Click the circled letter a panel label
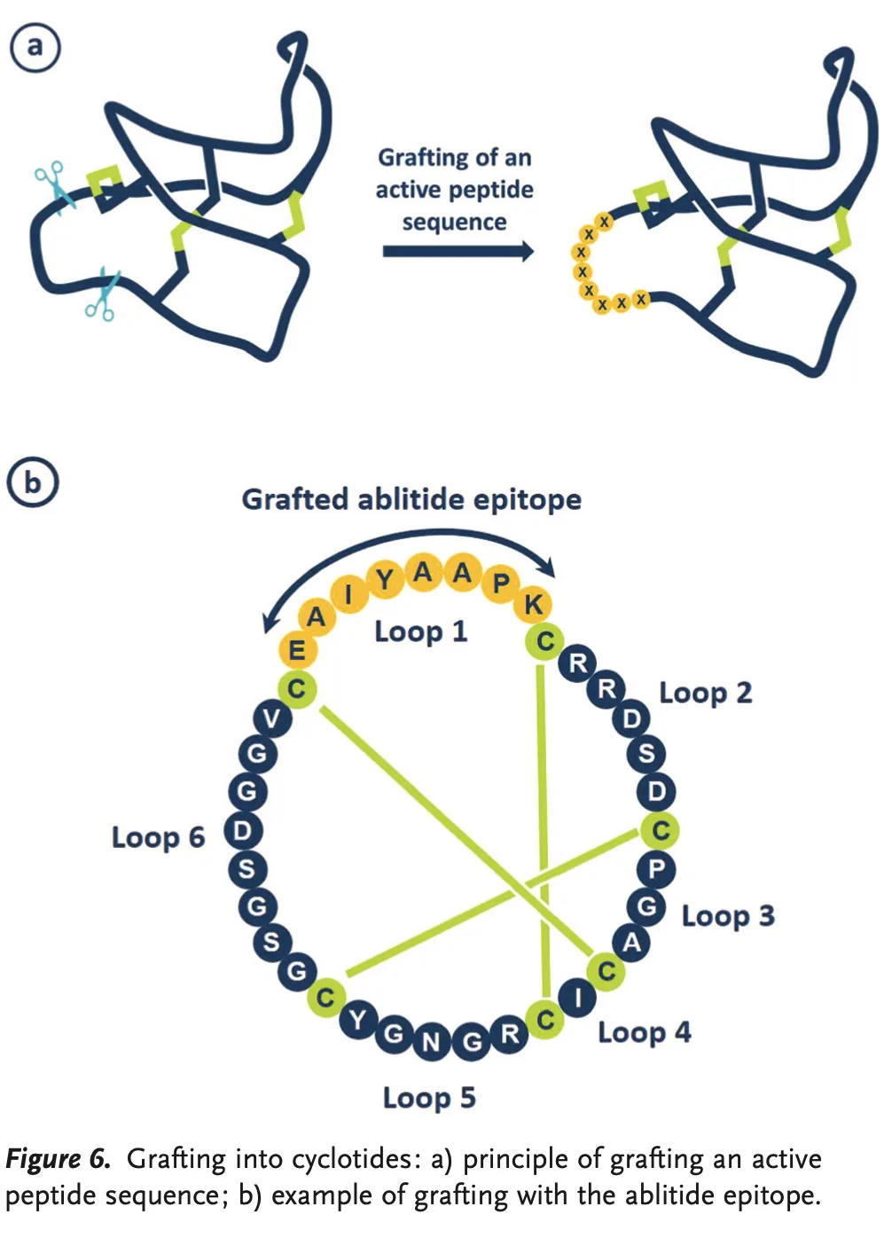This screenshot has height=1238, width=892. [35, 46]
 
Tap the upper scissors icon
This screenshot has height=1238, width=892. [51, 184]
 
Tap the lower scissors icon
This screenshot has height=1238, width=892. [102, 294]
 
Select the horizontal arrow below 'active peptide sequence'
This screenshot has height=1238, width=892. [458, 252]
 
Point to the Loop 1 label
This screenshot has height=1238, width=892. [420, 631]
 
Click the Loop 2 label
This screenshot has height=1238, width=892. [705, 693]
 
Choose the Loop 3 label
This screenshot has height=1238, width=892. [728, 915]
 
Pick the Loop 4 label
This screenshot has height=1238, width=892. [644, 1032]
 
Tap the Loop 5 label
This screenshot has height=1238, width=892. [429, 1098]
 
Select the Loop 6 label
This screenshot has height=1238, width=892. [158, 837]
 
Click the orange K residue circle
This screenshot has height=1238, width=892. [534, 605]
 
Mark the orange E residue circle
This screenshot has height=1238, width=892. [297, 650]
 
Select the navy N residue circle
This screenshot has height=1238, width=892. [431, 1041]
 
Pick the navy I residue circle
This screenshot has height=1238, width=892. [578, 999]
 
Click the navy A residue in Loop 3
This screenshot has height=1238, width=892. [631, 943]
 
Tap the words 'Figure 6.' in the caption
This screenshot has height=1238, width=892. [58, 1159]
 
